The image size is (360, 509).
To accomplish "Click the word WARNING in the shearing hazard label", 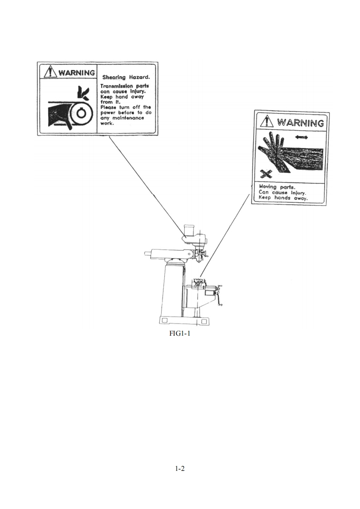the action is pyautogui.click(x=77, y=72).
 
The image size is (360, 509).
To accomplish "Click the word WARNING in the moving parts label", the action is pyautogui.click(x=301, y=122).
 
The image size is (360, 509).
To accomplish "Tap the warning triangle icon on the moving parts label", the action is pyautogui.click(x=267, y=121).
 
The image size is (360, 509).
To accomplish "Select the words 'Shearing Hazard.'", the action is pyautogui.click(x=126, y=77).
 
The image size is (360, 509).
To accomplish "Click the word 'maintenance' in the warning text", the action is pyautogui.click(x=128, y=118).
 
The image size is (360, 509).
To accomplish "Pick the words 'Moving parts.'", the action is pyautogui.click(x=277, y=187).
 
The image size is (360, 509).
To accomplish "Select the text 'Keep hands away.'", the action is pyautogui.click(x=283, y=198).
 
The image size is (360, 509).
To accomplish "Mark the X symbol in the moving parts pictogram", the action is pyautogui.click(x=266, y=174).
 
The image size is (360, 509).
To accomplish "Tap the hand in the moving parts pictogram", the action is pyautogui.click(x=272, y=152).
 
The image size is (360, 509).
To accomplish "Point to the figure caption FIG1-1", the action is pyautogui.click(x=180, y=333).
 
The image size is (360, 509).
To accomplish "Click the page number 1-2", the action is pyautogui.click(x=180, y=469).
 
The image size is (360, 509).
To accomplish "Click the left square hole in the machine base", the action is pyautogui.click(x=165, y=321).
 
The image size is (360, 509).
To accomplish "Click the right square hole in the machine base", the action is pyautogui.click(x=204, y=321).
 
